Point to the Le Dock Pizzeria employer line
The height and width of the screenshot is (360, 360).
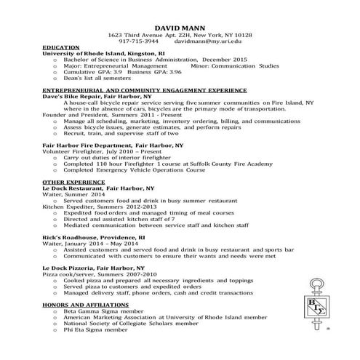point(92,268)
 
